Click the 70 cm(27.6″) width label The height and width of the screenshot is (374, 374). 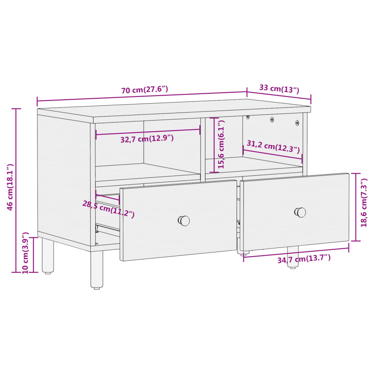point(145,90)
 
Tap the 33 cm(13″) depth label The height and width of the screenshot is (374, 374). point(279,88)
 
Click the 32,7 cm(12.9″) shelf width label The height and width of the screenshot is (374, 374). point(147,139)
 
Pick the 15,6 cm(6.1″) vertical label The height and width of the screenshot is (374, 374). point(222,144)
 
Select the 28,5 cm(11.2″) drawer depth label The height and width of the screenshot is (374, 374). point(108,209)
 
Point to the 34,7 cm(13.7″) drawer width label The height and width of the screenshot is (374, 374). point(304,259)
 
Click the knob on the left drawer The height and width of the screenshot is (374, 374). point(184,221)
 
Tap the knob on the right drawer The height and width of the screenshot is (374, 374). point(300,212)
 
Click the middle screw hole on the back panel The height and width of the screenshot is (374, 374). point(272,119)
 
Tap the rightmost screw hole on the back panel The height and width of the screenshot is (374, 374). point(297,123)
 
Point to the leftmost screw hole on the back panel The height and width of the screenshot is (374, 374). point(248,117)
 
